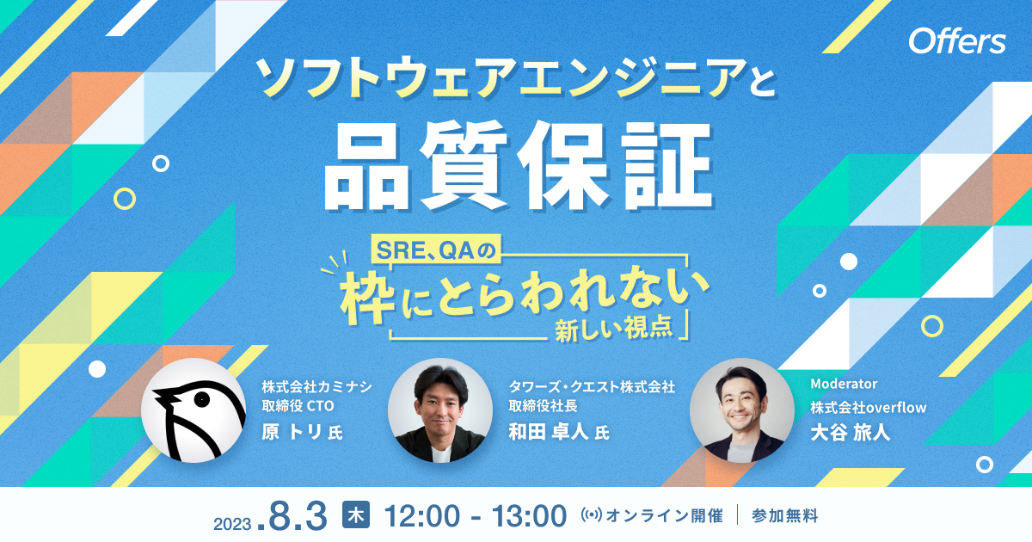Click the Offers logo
[x=956, y=41]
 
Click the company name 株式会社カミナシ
[x=317, y=386]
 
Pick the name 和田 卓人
[x=549, y=431]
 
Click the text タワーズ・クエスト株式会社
[x=592, y=387]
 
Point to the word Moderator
[x=844, y=384]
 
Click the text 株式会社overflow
[x=868, y=407]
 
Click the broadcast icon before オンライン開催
[x=593, y=516]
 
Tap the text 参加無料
[x=784, y=516]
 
